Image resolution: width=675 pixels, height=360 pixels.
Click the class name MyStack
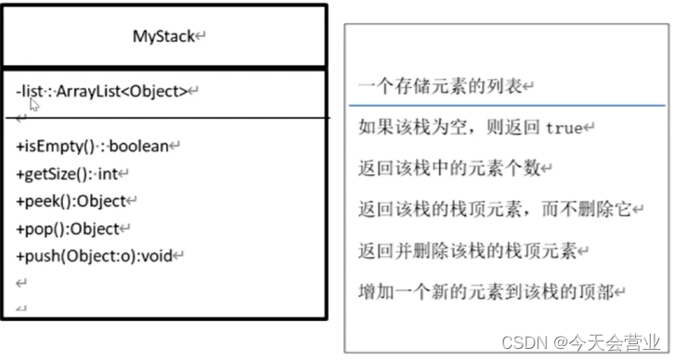(x=163, y=37)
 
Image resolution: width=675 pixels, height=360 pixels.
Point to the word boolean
(x=141, y=146)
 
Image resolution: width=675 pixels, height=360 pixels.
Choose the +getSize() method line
(x=71, y=173)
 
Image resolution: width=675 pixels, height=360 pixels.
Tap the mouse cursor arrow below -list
(x=34, y=105)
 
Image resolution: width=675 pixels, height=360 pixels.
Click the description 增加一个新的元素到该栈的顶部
(x=485, y=292)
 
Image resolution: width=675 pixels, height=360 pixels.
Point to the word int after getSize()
(x=110, y=173)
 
